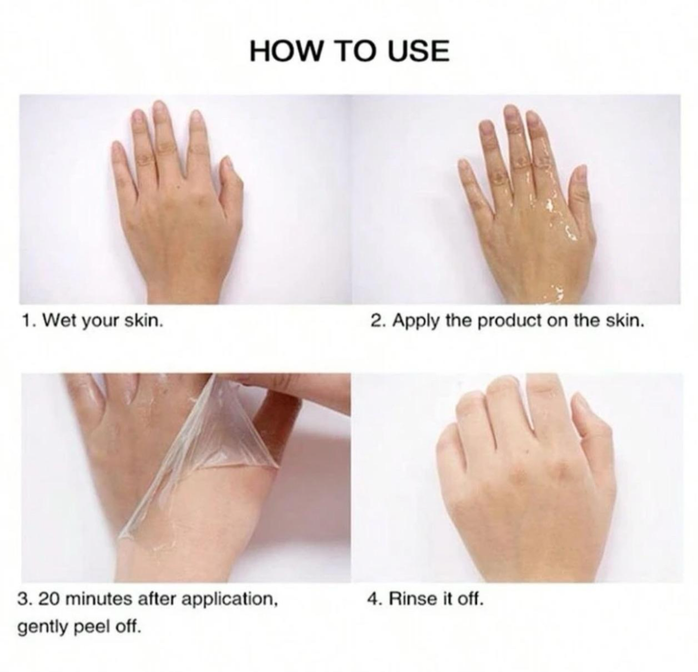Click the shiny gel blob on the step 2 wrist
click(556, 295)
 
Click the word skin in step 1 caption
click(144, 320)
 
